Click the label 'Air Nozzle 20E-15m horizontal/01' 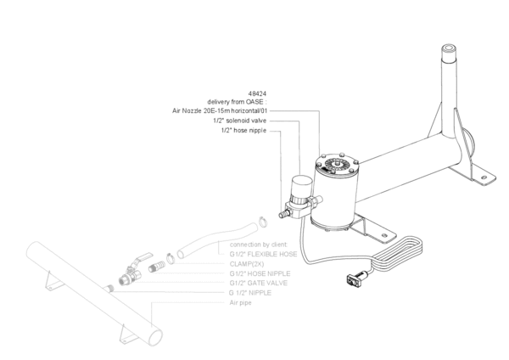tap(220, 110)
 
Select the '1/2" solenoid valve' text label tap(241, 121)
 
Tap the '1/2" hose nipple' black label tap(244, 131)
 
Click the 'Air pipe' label tap(241, 302)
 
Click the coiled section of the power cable tap(399, 252)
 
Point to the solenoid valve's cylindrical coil tap(299, 187)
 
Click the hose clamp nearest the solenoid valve tap(264, 222)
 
